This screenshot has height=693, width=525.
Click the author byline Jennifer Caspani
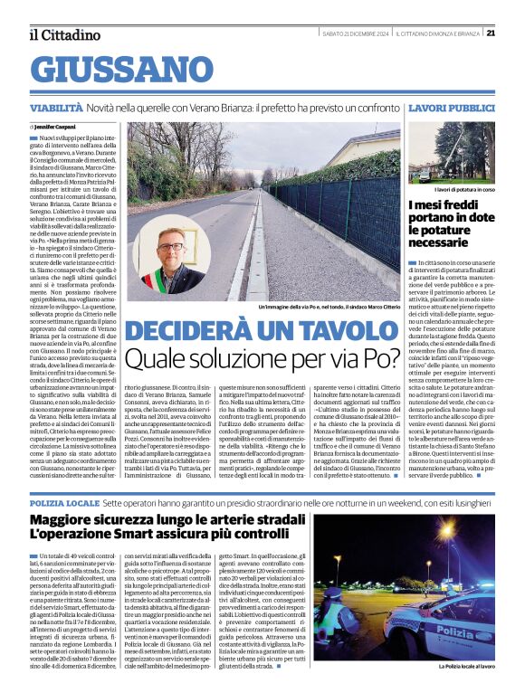(x=58, y=127)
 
